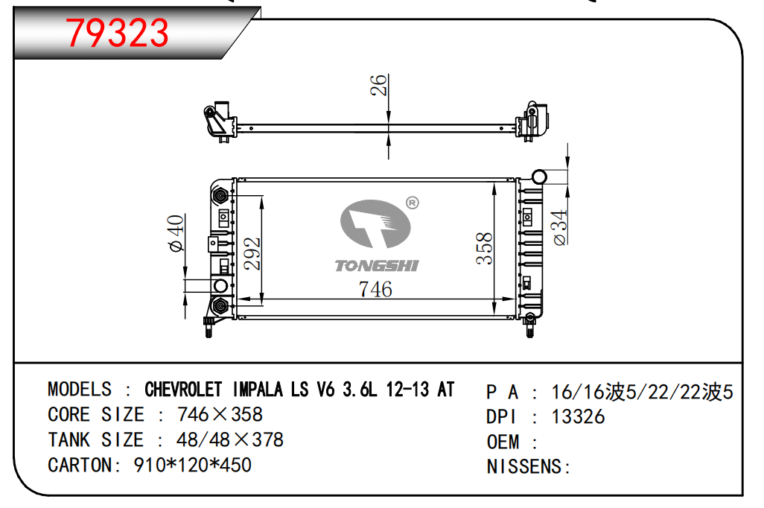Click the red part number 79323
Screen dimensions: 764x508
[x=118, y=33]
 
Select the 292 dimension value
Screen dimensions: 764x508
[x=252, y=253]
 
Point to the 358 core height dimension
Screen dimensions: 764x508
[x=484, y=249]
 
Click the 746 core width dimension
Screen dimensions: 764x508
[x=375, y=289]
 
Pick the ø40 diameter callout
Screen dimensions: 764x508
[x=176, y=234]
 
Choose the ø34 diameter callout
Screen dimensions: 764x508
[x=560, y=227]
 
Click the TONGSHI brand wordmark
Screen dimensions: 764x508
[x=377, y=266]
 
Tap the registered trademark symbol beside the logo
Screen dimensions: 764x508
[x=413, y=203]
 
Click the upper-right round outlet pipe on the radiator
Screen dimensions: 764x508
[x=538, y=177]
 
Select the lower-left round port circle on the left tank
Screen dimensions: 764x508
[x=220, y=286]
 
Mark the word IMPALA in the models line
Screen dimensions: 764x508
[x=258, y=390]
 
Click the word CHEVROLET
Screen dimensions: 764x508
[x=183, y=390]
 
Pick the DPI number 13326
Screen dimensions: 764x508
[x=578, y=417]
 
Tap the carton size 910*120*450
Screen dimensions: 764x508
[x=192, y=465]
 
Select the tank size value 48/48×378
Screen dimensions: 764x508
[x=230, y=439]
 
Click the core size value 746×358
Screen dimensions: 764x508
[x=220, y=414]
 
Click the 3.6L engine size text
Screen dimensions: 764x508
[x=360, y=390]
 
